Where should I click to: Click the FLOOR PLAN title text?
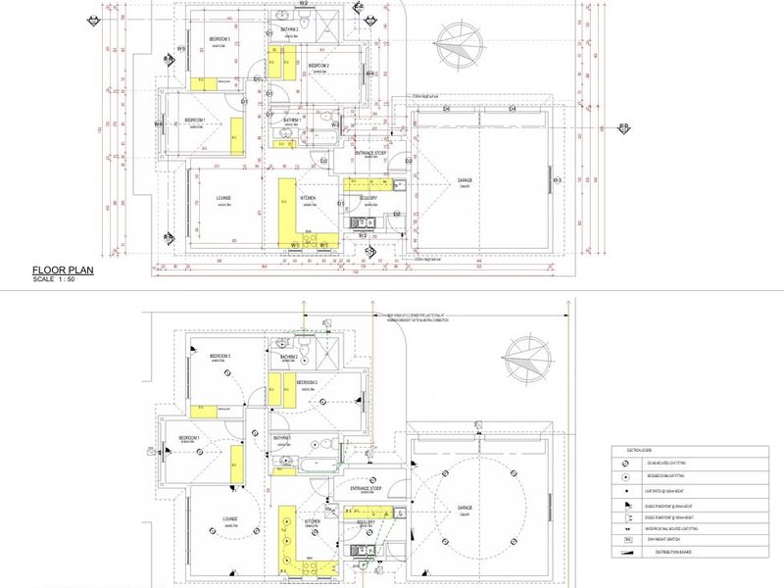[63, 270]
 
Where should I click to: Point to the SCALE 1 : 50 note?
[54, 280]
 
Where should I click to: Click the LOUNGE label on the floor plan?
[223, 199]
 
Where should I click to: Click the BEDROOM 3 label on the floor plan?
[218, 39]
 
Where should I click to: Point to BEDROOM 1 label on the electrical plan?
[189, 438]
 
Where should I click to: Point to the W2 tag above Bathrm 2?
[304, 4]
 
